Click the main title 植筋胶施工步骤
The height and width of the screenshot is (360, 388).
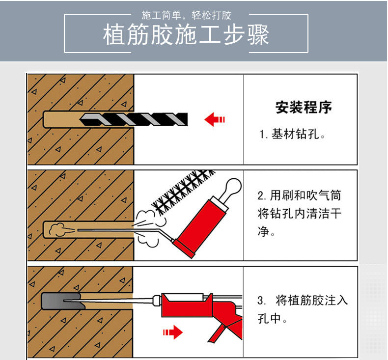pyautogui.click(x=186, y=34)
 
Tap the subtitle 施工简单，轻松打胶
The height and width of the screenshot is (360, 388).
pyautogui.click(x=186, y=15)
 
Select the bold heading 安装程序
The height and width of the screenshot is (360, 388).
pyautogui.click(x=304, y=107)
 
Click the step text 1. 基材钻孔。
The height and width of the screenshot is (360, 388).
pyautogui.click(x=292, y=135)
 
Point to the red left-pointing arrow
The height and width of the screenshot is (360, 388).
pyautogui.click(x=214, y=119)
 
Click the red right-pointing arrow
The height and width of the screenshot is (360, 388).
pyautogui.click(x=173, y=332)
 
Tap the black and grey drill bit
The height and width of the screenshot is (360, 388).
pyautogui.click(x=134, y=119)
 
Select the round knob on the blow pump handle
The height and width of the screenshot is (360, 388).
pyautogui.click(x=233, y=186)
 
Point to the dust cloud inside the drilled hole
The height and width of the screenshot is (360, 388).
pyautogui.click(x=58, y=229)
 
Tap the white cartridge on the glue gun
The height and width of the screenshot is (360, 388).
pyautogui.click(x=184, y=297)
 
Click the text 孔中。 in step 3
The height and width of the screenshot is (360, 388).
pyautogui.click(x=272, y=318)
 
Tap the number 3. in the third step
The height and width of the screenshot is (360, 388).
pyautogui.click(x=261, y=301)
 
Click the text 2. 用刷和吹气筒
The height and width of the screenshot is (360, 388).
pyautogui.click(x=300, y=195)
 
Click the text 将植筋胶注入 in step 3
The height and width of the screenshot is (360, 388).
pyautogui.click(x=312, y=301)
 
